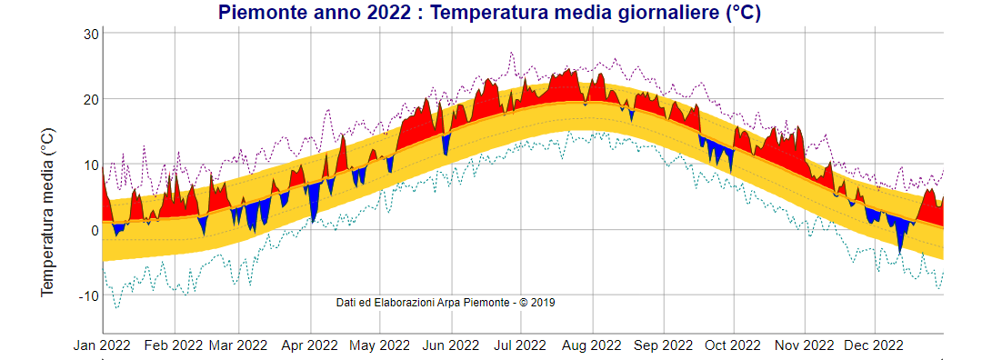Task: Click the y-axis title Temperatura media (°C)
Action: pyautogui.click(x=47, y=209)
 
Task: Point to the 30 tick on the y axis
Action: pyautogui.click(x=90, y=34)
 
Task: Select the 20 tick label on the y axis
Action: pyautogui.click(x=90, y=99)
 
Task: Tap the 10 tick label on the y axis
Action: pyautogui.click(x=90, y=165)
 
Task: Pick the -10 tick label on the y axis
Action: pyautogui.click(x=87, y=295)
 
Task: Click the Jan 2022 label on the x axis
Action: pyautogui.click(x=103, y=345)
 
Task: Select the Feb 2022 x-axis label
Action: pyautogui.click(x=174, y=345)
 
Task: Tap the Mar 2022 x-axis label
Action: pyautogui.click(x=238, y=345)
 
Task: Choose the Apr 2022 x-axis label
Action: pyautogui.click(x=310, y=345)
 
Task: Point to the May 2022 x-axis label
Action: pyautogui.click(x=380, y=345)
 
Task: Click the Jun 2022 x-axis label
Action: pyautogui.click(x=451, y=345)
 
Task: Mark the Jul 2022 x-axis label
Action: pyautogui.click(x=520, y=345)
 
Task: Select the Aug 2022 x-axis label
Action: pyautogui.click(x=592, y=345)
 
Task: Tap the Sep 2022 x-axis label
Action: pyautogui.click(x=664, y=345)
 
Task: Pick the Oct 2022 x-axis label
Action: pyautogui.click(x=733, y=345)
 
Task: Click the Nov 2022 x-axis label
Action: pyautogui.click(x=804, y=345)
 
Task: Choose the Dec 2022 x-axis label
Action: pyautogui.click(x=874, y=345)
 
